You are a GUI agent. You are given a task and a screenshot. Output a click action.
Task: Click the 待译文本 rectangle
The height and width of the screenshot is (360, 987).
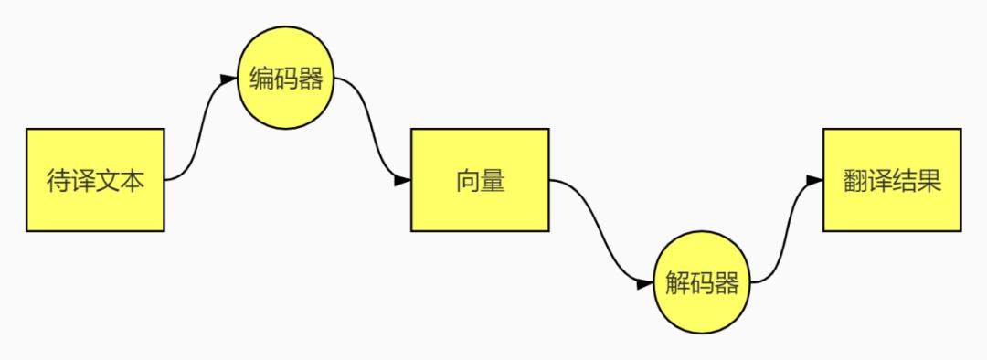95,180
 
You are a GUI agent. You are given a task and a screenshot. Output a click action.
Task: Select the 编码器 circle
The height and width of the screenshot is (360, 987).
286,78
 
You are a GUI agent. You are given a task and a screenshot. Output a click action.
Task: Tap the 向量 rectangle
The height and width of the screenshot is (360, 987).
480,180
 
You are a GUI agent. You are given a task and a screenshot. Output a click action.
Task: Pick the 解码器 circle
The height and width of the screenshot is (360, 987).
702,282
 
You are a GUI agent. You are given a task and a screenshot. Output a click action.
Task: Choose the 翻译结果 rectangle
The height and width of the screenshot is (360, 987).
892,180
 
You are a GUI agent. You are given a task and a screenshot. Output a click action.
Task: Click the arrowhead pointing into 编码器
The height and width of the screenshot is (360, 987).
228,79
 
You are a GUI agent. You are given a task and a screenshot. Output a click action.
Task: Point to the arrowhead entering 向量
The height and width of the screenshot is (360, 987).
402,181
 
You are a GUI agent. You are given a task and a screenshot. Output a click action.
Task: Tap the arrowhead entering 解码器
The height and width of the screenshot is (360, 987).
645,284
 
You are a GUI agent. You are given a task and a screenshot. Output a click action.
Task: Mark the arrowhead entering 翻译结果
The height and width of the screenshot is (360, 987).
814,181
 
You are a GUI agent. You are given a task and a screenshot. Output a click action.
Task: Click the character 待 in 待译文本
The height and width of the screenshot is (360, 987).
58,181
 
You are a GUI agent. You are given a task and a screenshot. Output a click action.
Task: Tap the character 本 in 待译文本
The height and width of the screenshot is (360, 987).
133,181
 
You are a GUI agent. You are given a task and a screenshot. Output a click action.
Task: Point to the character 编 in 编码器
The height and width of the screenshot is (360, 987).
261,79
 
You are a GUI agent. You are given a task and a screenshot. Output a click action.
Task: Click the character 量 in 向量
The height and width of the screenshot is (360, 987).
493,181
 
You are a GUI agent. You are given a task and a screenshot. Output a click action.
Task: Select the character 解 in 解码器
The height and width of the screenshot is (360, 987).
677,284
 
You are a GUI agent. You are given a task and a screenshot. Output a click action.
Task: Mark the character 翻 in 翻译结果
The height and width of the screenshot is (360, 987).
855,181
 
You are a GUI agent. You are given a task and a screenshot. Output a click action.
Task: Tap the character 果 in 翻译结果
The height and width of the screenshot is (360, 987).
929,181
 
